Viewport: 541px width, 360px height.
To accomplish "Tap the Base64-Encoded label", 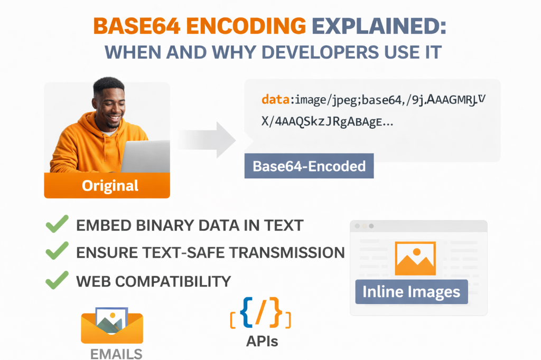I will click(x=309, y=166).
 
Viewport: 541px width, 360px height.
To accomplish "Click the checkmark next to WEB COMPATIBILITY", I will click(x=57, y=280).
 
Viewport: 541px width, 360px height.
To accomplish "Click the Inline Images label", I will click(x=412, y=291).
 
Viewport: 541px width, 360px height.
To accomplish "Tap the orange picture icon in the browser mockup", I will click(x=415, y=259).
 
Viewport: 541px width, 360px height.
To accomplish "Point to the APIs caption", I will click(x=262, y=342).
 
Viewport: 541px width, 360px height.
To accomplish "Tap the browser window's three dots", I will click(x=364, y=225).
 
